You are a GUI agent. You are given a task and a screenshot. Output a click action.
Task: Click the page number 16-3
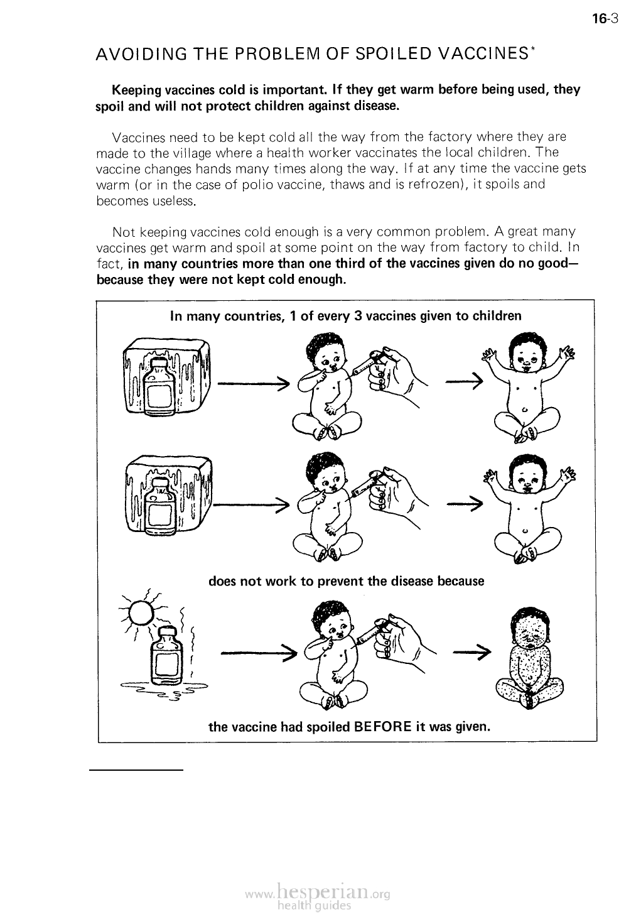605,18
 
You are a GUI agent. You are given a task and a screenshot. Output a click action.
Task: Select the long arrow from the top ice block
251,383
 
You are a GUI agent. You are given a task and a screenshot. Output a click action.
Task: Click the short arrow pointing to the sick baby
470,653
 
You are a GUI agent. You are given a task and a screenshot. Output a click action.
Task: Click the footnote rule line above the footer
136,769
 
